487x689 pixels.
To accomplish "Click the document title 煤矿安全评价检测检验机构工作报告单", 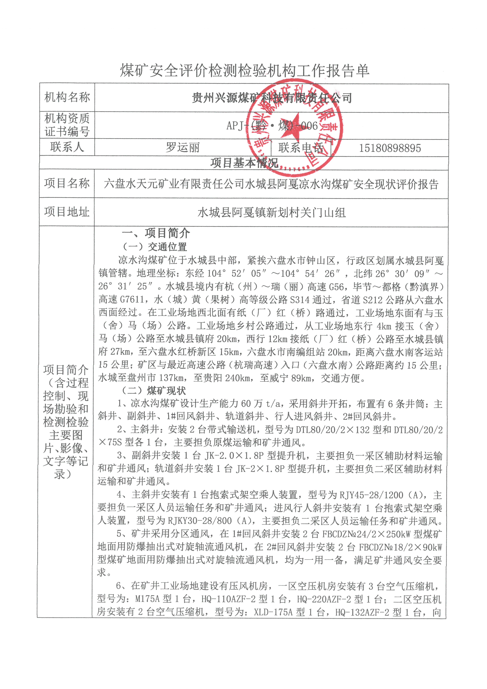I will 245,71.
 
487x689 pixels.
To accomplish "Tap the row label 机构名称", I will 67,97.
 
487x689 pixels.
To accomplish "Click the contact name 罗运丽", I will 183,147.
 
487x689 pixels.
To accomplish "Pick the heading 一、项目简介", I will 156,233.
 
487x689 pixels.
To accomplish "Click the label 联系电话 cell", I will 301,148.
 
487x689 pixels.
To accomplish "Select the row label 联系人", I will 67,147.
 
